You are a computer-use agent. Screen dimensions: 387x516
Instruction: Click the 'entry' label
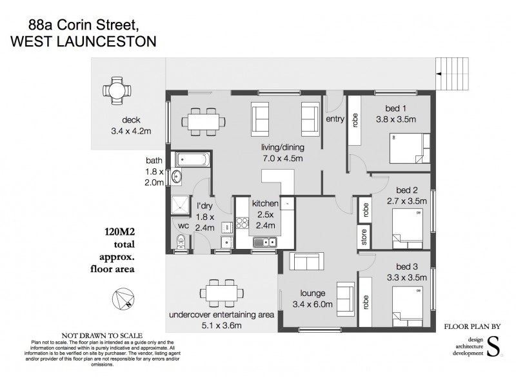point(335,119)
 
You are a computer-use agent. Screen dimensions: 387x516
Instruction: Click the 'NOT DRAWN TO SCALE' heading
point(97,335)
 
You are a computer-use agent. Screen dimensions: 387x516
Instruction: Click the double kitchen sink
point(264,243)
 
